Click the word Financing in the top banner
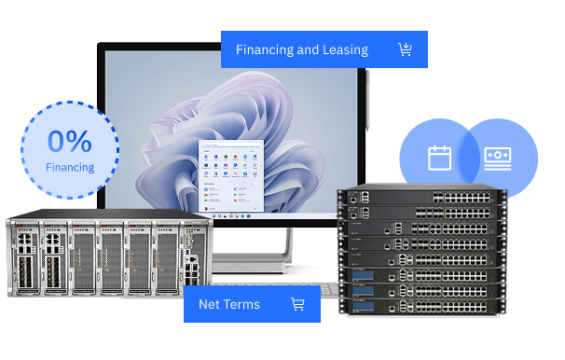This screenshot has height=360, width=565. pos(264,49)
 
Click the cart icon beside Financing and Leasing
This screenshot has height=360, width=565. pos(405,49)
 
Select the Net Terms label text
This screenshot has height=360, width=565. pos(229,304)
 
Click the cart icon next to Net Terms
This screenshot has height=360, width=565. pos(297,304)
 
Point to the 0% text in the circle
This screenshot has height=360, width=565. pos(70,141)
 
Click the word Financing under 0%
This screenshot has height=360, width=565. pos(70,168)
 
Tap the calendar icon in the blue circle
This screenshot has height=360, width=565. pos(439,158)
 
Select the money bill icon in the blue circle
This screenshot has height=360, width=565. pos(498,158)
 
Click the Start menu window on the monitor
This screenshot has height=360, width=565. pos(232,178)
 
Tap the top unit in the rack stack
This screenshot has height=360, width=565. pos(420,197)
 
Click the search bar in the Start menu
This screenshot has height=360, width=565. pos(232,145)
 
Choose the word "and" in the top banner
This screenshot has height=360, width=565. pos(307,49)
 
